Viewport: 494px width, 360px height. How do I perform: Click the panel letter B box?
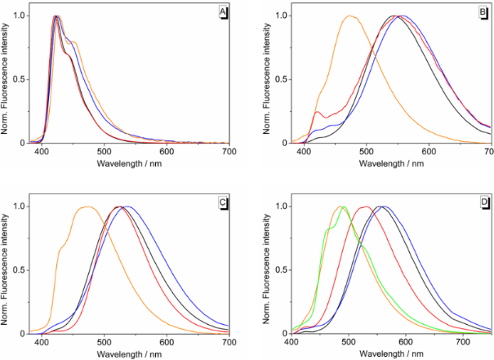coord(483,11)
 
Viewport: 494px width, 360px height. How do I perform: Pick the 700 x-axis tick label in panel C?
coord(229,342)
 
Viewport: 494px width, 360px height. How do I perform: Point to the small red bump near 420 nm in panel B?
coord(318,112)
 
